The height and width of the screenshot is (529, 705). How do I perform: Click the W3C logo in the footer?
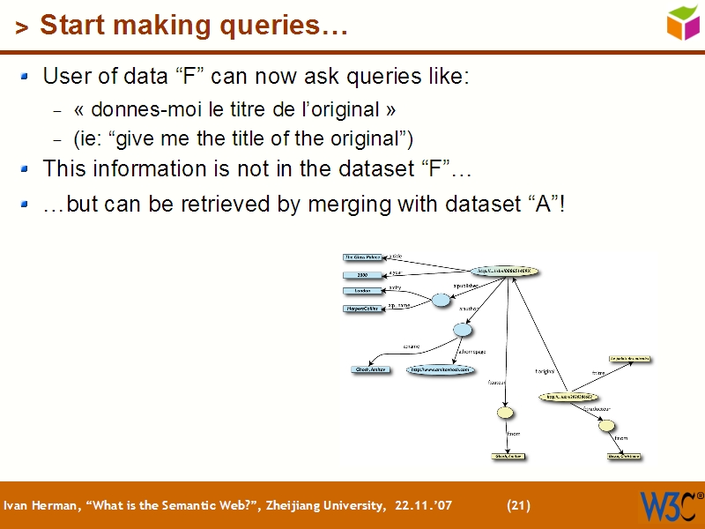point(667,505)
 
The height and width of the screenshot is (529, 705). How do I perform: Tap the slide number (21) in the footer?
point(519,505)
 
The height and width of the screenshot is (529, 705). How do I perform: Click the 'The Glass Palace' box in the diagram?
point(363,257)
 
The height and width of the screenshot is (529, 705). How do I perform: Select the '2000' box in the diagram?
point(363,275)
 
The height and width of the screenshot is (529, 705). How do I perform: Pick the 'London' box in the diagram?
point(363,290)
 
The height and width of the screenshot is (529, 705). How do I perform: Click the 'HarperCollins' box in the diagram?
point(363,309)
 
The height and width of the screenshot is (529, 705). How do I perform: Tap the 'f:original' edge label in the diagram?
point(545,371)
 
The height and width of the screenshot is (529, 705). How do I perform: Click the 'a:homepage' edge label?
point(471,351)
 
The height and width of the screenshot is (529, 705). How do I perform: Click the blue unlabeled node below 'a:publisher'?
point(441,301)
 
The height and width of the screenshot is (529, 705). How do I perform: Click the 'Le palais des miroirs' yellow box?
point(630,359)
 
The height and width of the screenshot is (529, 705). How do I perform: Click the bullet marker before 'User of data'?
point(28,77)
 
